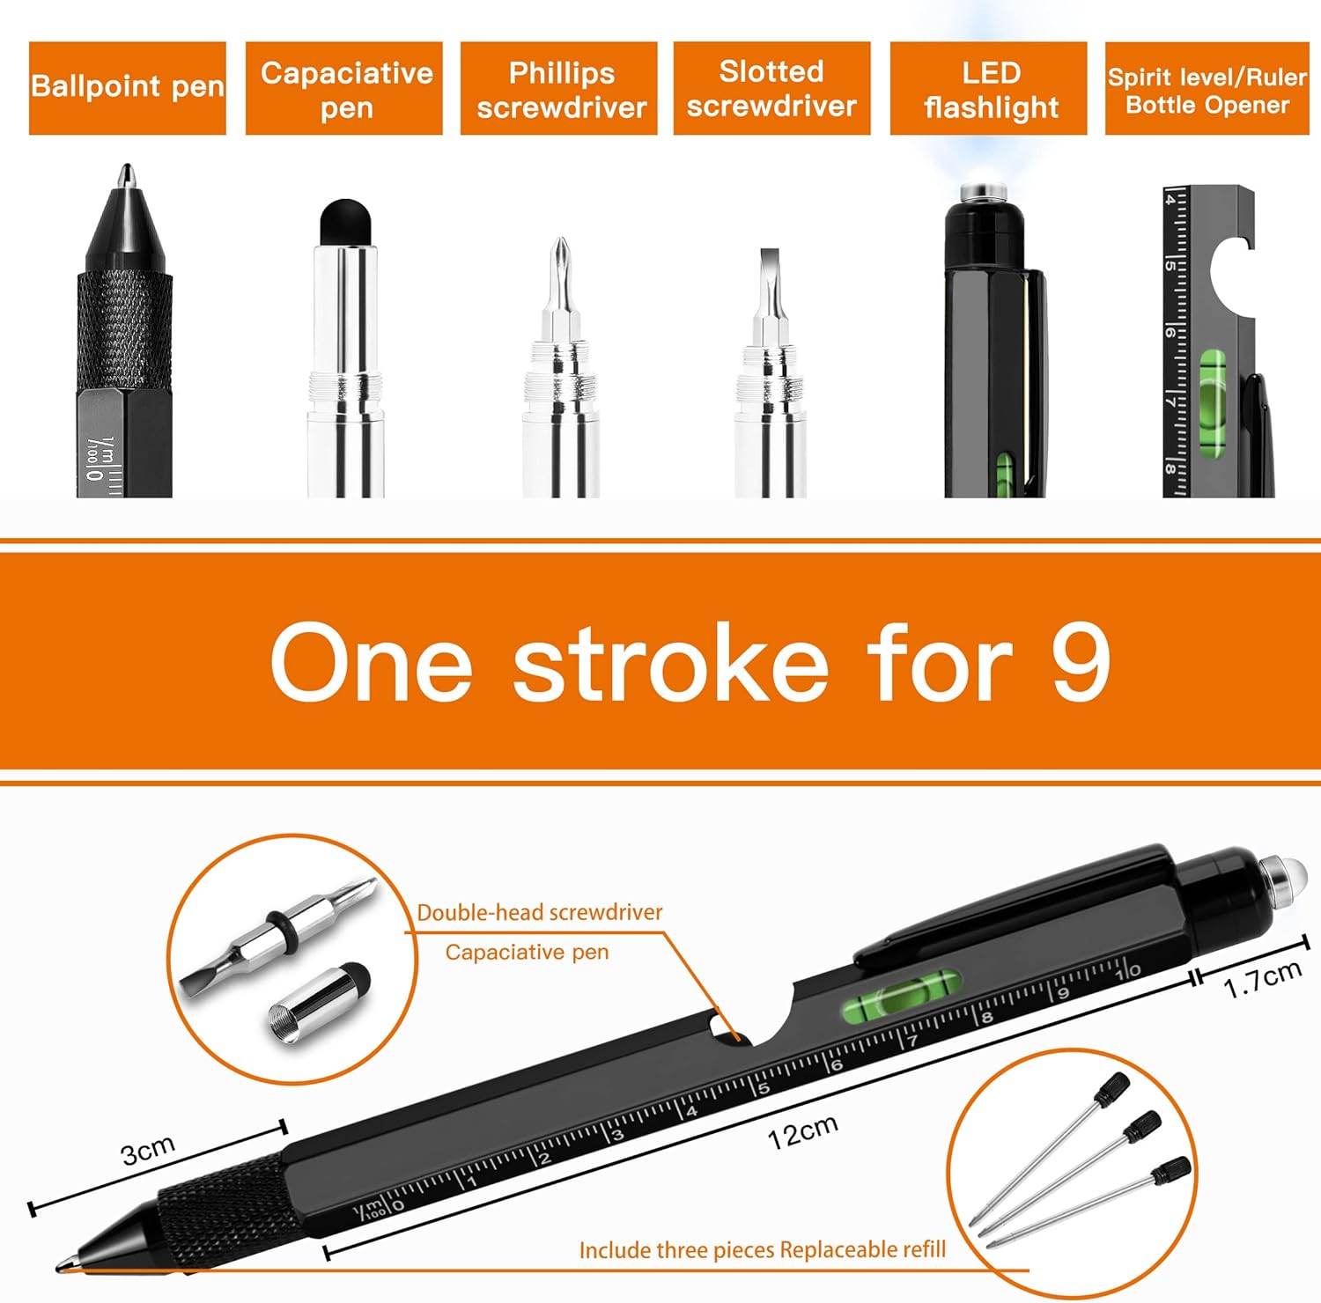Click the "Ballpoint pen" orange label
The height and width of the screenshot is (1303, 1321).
click(x=128, y=88)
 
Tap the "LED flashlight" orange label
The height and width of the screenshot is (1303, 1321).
click(x=988, y=88)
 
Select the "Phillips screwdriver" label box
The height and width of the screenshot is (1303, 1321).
click(x=559, y=88)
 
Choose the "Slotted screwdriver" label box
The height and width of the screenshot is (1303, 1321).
click(x=772, y=88)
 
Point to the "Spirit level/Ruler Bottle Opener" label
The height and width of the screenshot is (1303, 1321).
click(x=1207, y=88)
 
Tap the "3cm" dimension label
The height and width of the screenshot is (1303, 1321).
click(x=148, y=1150)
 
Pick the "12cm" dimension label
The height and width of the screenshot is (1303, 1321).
click(x=802, y=1132)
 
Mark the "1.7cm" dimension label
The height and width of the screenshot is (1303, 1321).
click(x=1263, y=978)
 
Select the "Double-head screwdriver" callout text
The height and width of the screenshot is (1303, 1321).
click(x=540, y=912)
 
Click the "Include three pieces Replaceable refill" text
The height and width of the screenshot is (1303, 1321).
click(x=763, y=1249)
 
